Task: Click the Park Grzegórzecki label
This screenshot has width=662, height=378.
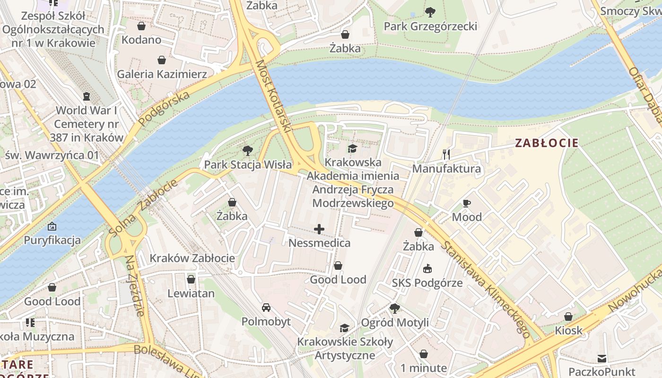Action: coord(430,26)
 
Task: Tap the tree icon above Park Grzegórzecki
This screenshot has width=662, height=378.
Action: coord(430,12)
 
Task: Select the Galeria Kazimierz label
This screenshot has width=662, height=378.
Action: coord(162,74)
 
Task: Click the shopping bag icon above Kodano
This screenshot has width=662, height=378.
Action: coord(141,26)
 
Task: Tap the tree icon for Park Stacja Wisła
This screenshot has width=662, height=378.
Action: coord(247,151)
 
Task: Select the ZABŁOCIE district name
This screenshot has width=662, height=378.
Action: coord(547,143)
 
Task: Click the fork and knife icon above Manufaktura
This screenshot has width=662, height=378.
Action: coord(446,154)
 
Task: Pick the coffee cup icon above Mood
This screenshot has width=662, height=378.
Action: coord(467,203)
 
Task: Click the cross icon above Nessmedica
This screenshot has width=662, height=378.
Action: coord(319,230)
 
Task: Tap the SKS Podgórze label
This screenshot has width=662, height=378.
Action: coord(427,283)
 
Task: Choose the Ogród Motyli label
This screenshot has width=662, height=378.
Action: coord(395,323)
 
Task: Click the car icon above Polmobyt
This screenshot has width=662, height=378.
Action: coord(266,308)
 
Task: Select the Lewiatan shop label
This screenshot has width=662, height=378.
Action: coord(191,293)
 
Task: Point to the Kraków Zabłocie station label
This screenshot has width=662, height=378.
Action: coord(192,258)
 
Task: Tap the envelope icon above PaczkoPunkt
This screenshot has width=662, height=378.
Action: coord(601,358)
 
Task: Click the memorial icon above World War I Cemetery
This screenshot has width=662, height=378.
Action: coord(86,96)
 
